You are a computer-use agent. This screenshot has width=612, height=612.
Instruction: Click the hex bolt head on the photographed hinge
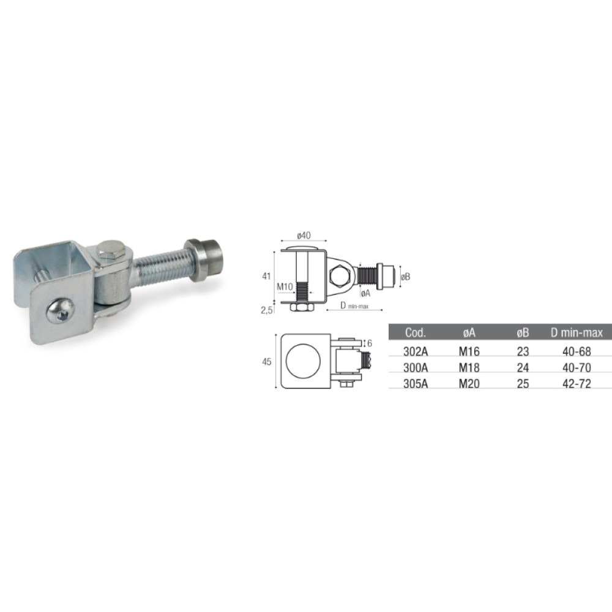click(x=110, y=251)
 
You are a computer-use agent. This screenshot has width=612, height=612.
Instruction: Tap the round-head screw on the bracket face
click(x=60, y=311)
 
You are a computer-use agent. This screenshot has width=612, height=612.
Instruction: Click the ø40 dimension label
click(x=304, y=236)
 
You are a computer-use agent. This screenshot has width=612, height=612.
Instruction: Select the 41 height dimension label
click(x=267, y=277)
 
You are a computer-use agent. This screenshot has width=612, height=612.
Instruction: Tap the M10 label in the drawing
click(x=285, y=287)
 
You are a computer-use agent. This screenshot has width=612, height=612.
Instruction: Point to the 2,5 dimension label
click(x=267, y=311)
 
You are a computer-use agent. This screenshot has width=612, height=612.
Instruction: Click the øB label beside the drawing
click(x=406, y=277)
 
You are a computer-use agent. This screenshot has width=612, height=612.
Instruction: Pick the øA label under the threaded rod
click(x=365, y=294)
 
